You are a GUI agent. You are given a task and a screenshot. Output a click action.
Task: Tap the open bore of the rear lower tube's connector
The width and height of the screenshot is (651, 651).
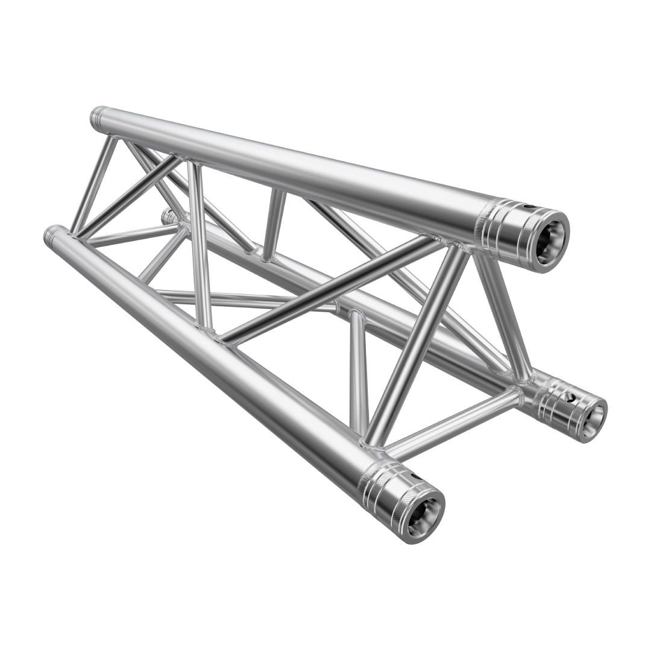(594, 417)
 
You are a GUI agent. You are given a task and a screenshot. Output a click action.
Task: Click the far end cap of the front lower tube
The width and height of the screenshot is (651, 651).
(54, 233)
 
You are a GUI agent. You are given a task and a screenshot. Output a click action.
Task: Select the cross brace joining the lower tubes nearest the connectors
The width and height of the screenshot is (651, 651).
(452, 421)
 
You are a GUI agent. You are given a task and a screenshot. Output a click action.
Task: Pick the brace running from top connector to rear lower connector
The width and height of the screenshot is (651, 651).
(503, 313)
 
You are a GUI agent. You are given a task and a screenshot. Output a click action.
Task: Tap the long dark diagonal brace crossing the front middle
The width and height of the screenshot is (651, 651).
(325, 289)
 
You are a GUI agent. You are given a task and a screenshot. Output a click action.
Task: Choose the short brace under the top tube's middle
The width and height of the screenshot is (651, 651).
(274, 223)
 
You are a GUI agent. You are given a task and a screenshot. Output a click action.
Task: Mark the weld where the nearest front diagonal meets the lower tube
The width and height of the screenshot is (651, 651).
(371, 445)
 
